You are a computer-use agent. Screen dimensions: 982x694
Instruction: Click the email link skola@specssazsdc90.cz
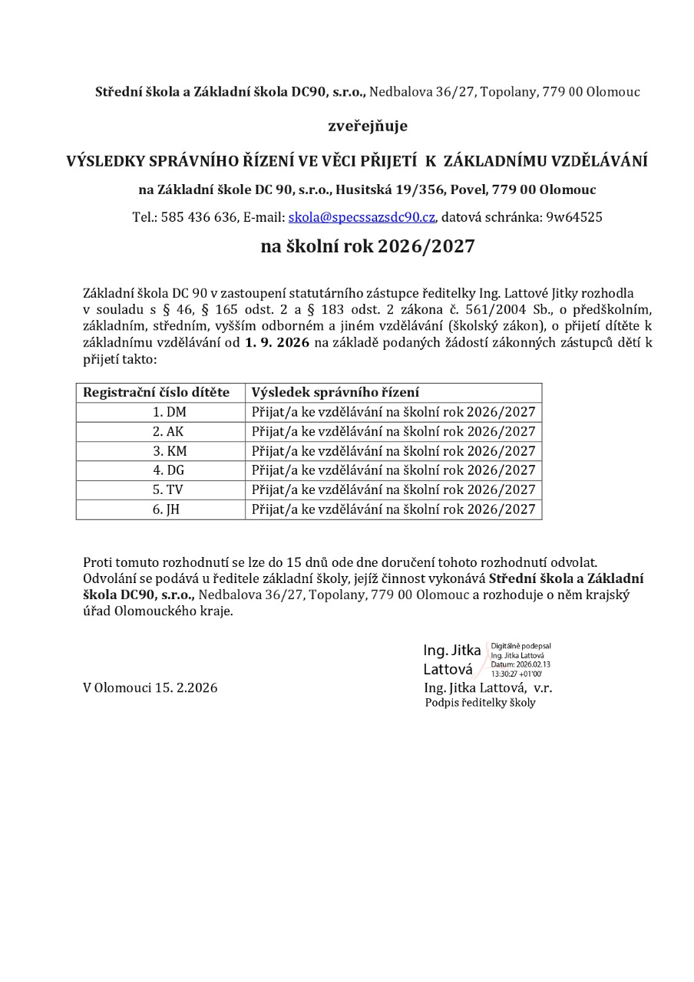click(x=362, y=217)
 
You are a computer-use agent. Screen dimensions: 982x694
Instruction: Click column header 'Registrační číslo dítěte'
click(x=157, y=392)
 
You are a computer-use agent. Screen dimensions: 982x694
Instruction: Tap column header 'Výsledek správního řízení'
click(x=335, y=392)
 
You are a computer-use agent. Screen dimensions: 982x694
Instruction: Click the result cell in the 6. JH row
click(x=393, y=509)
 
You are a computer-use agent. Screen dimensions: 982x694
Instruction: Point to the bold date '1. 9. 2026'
click(x=277, y=342)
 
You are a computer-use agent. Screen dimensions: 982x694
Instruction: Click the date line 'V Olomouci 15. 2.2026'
click(x=150, y=687)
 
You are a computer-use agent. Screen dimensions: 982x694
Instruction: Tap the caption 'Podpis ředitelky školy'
click(x=481, y=703)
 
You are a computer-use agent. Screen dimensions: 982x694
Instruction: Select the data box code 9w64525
click(x=574, y=217)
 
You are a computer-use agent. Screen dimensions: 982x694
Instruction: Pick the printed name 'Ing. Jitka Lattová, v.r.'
click(x=488, y=687)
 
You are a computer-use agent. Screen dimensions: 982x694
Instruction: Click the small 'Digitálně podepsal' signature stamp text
click(x=521, y=647)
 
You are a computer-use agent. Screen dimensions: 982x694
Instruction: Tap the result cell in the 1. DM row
click(x=393, y=412)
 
